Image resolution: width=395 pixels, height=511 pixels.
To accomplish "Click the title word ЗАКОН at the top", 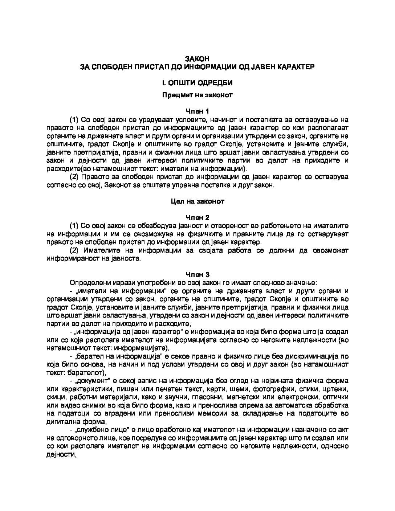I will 197,59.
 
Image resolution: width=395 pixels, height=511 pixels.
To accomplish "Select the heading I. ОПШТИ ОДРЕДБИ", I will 197,83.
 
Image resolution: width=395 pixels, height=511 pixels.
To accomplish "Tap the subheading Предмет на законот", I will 197,95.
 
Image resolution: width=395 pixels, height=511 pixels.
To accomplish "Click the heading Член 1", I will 197,111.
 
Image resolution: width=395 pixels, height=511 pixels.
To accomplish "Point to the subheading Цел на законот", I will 197,201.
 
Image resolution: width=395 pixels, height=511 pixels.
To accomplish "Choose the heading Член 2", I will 197,217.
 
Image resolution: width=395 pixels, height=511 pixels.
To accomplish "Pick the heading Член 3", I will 197,274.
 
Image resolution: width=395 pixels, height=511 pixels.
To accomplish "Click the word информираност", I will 69,258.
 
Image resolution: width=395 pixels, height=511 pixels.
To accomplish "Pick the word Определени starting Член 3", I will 86,283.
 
